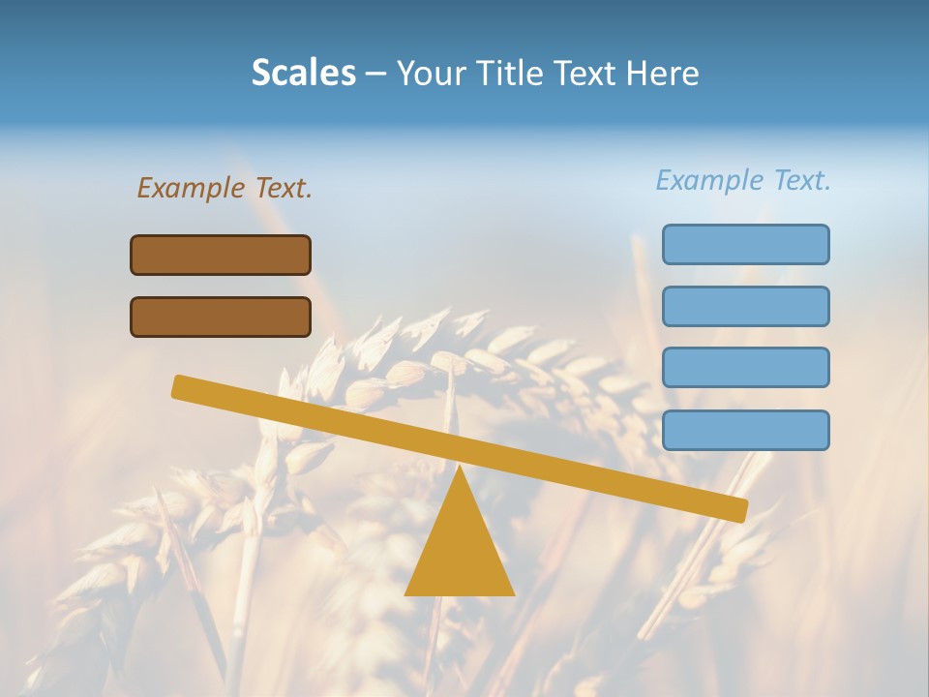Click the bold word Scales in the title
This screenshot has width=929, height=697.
(303, 74)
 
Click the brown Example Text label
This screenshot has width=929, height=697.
(225, 188)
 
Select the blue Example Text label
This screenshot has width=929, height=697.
(743, 180)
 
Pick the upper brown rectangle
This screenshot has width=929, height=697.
(221, 255)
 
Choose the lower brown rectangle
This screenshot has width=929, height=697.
(221, 317)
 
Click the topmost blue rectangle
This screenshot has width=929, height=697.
(745, 244)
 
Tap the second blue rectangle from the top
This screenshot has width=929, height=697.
(745, 306)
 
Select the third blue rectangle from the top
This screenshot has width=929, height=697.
(745, 368)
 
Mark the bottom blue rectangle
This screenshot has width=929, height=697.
(745, 430)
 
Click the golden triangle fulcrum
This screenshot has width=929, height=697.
(460, 552)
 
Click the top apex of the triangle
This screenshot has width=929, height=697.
(460, 469)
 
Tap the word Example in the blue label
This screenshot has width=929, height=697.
(710, 180)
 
